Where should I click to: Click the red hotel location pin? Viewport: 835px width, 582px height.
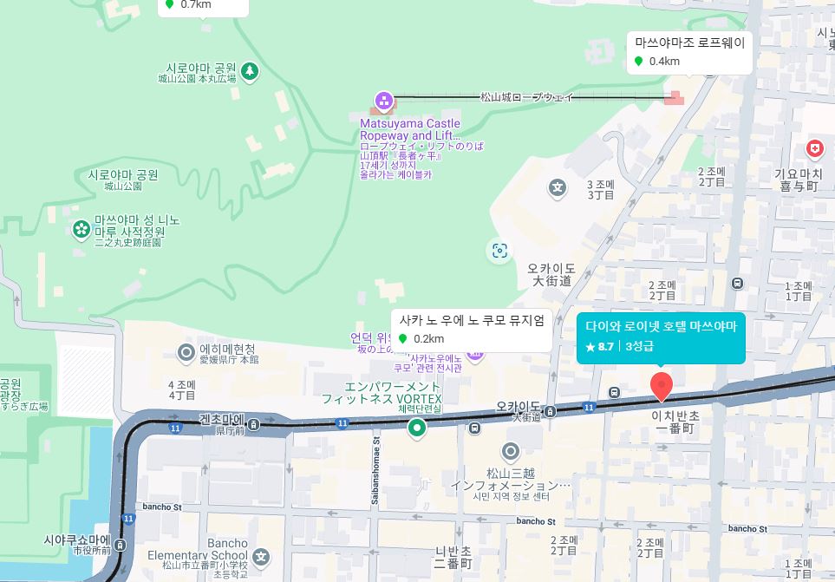[662, 385]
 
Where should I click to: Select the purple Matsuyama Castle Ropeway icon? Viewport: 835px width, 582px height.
[383, 102]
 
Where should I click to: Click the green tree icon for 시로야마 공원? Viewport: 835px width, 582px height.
[250, 70]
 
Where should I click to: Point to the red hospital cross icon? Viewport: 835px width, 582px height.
[814, 149]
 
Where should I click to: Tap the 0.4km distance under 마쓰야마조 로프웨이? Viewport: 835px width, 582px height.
[663, 62]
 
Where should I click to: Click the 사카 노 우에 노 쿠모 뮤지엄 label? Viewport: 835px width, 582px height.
[472, 320]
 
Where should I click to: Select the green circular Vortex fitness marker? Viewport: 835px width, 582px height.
[417, 427]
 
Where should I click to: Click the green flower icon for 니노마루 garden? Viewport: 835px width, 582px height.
[82, 229]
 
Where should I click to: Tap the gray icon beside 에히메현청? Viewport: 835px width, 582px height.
[186, 351]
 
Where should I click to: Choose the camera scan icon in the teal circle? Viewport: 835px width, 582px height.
[499, 251]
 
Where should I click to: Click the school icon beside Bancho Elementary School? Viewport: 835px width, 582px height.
[261, 557]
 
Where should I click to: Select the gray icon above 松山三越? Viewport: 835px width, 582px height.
[510, 451]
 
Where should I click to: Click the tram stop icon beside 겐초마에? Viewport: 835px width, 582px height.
[254, 424]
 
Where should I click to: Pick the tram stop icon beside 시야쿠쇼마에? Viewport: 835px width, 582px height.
[120, 545]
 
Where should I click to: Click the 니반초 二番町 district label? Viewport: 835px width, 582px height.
[453, 557]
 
